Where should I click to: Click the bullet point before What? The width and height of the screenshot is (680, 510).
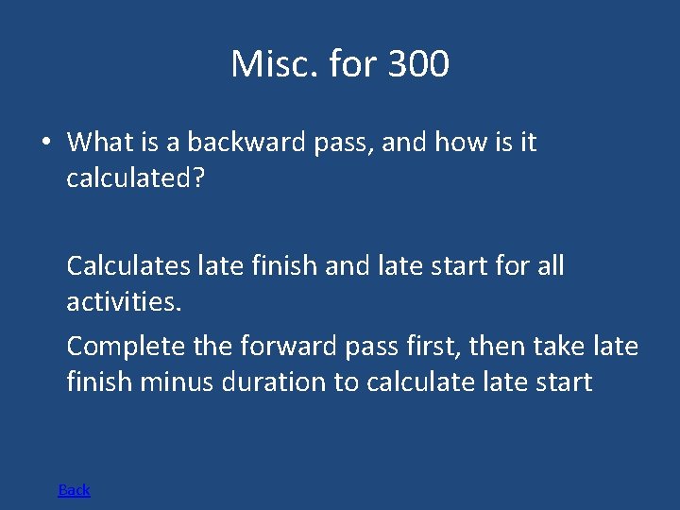[45, 143]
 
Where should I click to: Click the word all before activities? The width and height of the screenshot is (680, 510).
[548, 266]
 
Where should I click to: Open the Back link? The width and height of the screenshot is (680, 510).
[74, 489]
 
